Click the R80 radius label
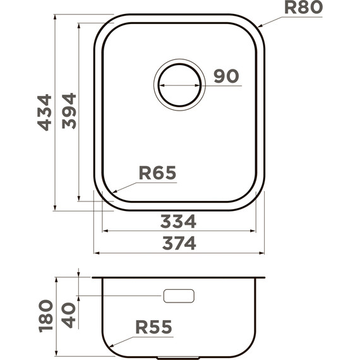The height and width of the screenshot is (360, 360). pyautogui.click(x=303, y=8)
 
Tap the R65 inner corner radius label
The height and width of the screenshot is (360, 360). pyautogui.click(x=157, y=172)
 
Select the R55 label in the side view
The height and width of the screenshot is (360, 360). pyautogui.click(x=153, y=327)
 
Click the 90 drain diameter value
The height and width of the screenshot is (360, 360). pyautogui.click(x=225, y=76)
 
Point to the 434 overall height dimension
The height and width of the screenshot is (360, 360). pyautogui.click(x=44, y=112)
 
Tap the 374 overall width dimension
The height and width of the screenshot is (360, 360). pyautogui.click(x=179, y=243)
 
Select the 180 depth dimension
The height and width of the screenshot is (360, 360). pyautogui.click(x=44, y=316)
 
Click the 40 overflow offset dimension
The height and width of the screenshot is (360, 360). pyautogui.click(x=69, y=315)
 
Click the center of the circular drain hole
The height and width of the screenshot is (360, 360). pyautogui.click(x=179, y=85)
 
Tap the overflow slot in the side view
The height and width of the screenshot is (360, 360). pyautogui.click(x=179, y=296)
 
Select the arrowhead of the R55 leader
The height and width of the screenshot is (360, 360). pyautogui.click(x=107, y=347)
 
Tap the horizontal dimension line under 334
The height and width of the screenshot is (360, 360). pyautogui.click(x=179, y=231)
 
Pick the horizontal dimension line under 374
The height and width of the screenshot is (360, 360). pyautogui.click(x=179, y=253)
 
